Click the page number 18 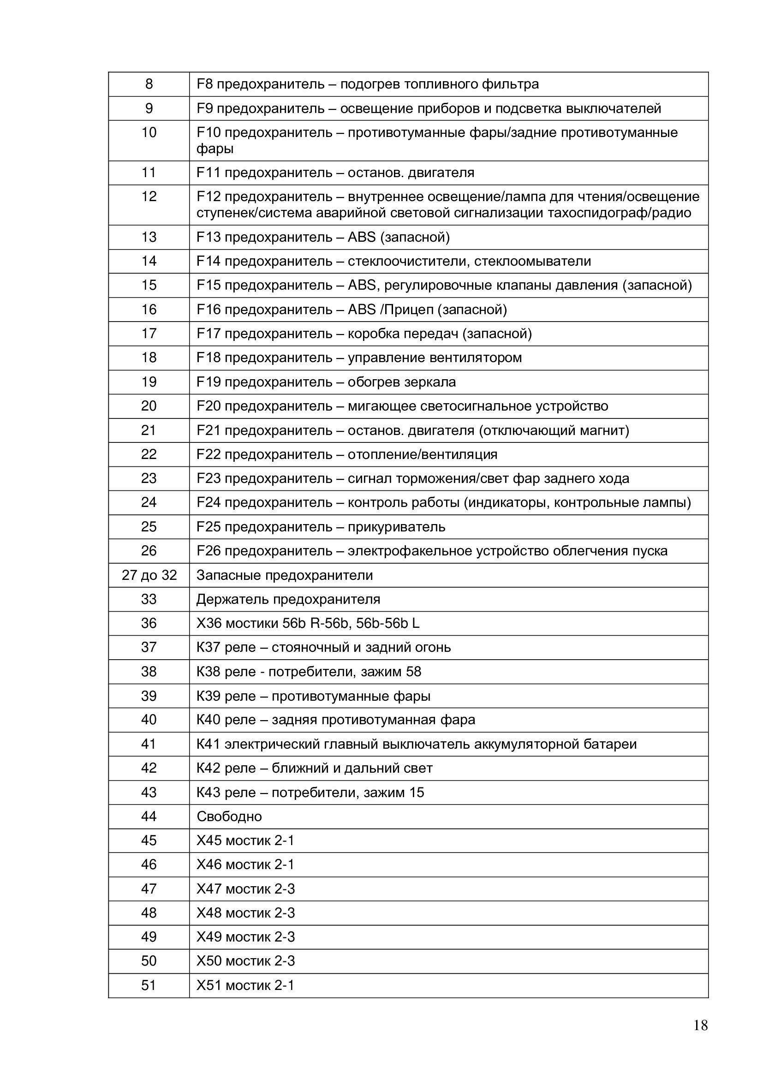point(700,1025)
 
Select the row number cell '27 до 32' point(149,575)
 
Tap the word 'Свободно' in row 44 point(229,817)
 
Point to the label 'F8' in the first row point(204,84)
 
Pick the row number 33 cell point(149,599)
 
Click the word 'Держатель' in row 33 point(232,599)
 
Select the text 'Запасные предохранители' point(284,575)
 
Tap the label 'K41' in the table point(208,744)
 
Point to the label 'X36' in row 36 point(209,623)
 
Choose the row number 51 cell point(149,985)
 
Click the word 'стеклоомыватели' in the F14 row point(532,261)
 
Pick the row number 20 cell point(149,406)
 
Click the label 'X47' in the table point(209,888)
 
